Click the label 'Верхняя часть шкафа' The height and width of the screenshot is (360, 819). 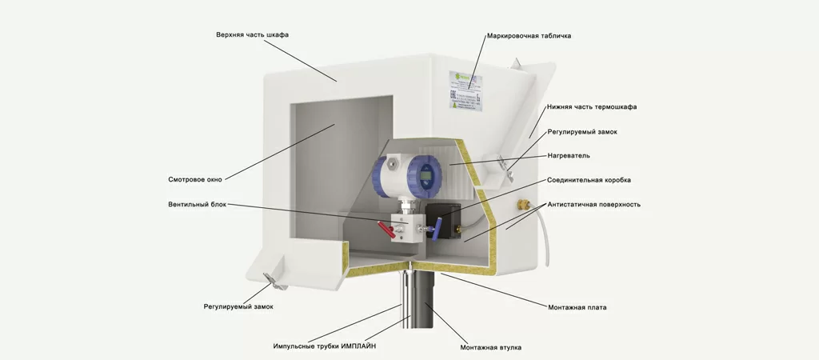252,35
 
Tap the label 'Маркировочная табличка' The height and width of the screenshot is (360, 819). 529,36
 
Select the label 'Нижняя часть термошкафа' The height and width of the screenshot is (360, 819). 592,106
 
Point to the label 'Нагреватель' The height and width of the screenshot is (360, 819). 569,155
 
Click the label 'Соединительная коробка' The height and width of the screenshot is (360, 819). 589,180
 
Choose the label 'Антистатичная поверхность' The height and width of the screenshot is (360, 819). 593,204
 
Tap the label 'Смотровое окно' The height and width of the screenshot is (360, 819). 195,179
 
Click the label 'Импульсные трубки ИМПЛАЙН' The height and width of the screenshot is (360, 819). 324,346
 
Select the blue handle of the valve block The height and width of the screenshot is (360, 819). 433,234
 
